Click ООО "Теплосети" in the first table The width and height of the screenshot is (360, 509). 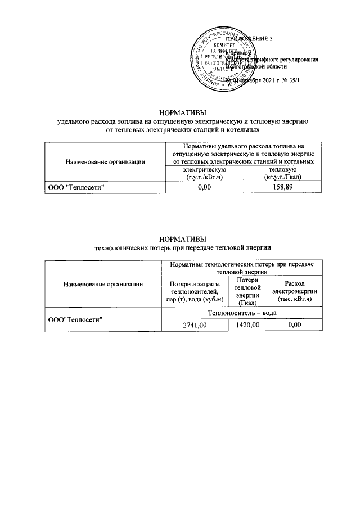[x=76, y=187]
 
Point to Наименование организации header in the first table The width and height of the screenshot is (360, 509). [x=105, y=162]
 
